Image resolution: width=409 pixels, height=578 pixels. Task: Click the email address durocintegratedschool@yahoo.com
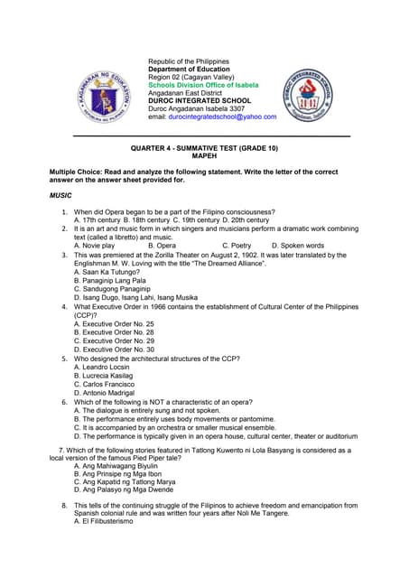point(232,117)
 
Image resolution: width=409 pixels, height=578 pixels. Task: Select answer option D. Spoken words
point(291,245)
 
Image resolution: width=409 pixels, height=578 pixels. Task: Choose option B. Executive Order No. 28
point(114,332)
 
